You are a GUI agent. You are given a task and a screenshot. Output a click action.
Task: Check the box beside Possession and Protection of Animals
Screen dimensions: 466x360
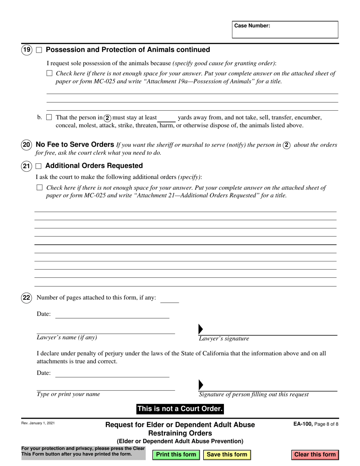pos(39,50)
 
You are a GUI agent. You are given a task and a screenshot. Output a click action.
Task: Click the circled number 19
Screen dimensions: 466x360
pos(27,50)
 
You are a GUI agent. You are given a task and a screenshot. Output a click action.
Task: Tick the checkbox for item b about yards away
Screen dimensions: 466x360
pos(49,117)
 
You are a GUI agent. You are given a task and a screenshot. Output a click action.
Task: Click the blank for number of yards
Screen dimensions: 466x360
pos(166,118)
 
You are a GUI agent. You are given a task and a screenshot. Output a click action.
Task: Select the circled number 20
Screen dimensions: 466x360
pos(27,145)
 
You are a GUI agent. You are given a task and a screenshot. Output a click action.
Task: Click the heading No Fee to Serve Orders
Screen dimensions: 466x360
pos(75,144)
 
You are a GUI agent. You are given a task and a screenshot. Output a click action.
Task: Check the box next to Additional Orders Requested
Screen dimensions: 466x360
pos(39,166)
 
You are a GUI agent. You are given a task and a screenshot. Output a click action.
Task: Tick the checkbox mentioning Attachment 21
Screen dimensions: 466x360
pos(39,188)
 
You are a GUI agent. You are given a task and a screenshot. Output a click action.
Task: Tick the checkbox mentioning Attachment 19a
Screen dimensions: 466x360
pos(49,73)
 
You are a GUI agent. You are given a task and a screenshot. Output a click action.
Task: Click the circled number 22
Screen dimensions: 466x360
pos(27,298)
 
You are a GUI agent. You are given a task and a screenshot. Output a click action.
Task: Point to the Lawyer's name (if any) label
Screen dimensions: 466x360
pos(67,338)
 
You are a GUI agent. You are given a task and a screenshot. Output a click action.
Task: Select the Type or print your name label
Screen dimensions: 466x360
pos(68,394)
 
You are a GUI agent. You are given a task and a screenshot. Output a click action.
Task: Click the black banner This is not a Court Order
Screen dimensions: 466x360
pos(180,409)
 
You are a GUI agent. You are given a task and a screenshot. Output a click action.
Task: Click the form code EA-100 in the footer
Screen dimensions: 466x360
pos(302,425)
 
